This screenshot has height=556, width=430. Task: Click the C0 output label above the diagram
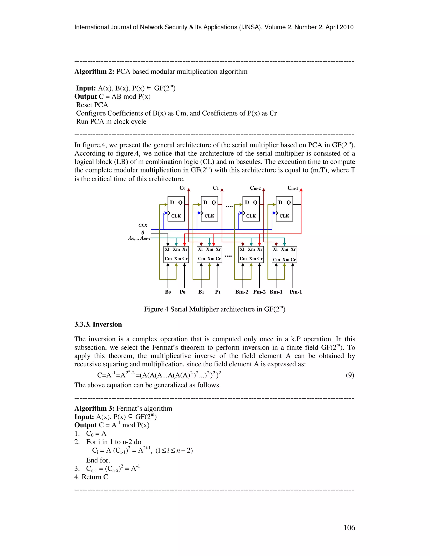point(182,188)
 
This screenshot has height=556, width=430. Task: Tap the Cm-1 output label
point(293,188)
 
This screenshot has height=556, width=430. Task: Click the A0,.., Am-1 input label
point(139,238)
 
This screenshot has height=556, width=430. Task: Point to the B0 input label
point(168,292)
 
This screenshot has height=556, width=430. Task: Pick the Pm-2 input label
point(259,292)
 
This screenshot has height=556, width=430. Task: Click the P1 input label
point(218,292)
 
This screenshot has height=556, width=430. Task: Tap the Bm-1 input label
point(276,292)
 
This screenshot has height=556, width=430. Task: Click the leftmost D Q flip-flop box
point(176,209)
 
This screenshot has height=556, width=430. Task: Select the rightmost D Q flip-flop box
point(284,209)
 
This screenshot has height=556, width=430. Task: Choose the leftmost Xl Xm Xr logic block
point(176,254)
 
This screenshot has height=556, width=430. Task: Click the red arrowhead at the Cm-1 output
point(301,190)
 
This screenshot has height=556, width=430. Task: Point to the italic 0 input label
point(143,232)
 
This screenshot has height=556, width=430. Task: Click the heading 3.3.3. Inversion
point(98,324)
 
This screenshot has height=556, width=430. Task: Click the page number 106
point(349,528)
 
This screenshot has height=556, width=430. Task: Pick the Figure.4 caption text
point(215,309)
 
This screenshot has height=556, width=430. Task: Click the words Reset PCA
point(92,105)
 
